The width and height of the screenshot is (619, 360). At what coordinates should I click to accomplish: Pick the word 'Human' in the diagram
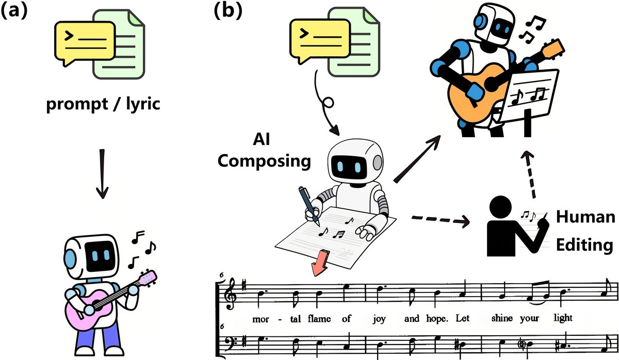click(585, 218)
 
